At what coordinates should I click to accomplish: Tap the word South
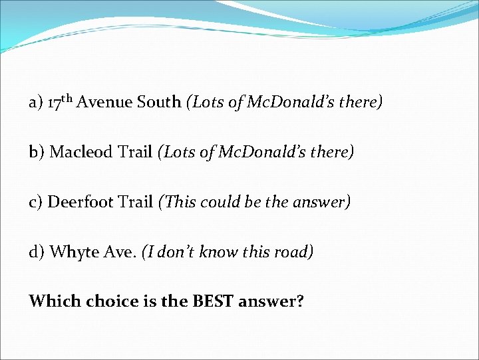click(159, 103)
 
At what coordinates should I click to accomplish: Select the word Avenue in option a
click(105, 103)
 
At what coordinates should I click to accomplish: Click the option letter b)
click(37, 153)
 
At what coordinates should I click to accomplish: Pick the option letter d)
click(37, 253)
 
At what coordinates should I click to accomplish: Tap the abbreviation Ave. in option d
click(120, 253)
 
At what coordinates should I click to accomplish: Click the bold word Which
click(52, 301)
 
